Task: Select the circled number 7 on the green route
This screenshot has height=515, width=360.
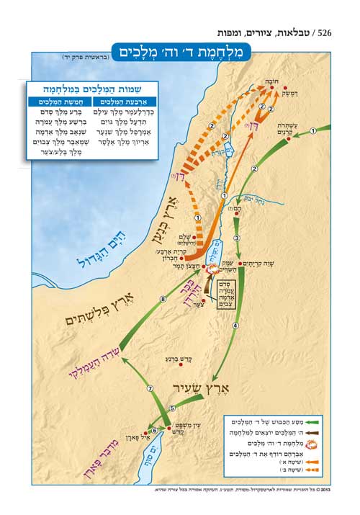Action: [x=150, y=389]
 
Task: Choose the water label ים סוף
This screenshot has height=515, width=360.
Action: [x=160, y=454]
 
